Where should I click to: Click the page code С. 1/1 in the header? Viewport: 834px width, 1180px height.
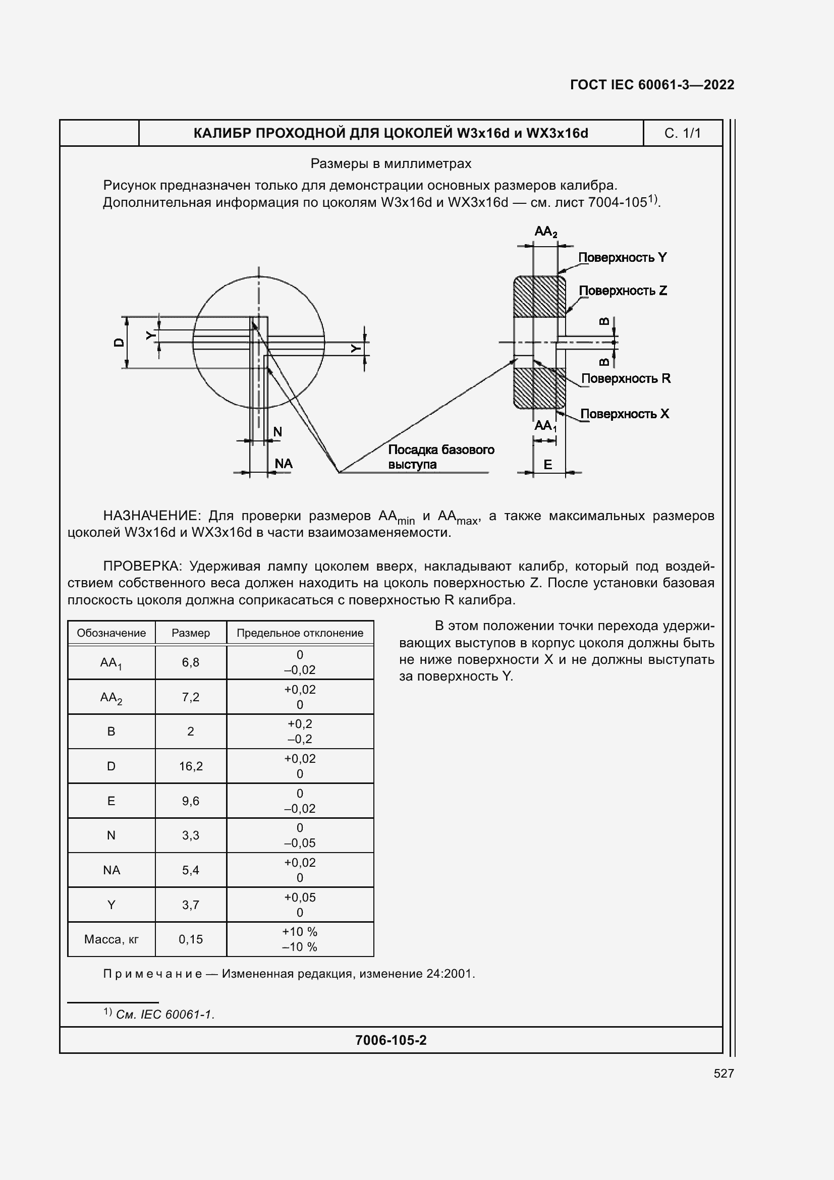[682, 134]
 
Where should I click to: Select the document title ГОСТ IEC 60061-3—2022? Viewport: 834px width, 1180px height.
[651, 85]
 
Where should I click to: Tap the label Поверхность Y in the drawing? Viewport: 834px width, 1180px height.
[622, 257]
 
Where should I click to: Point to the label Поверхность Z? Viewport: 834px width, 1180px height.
[623, 291]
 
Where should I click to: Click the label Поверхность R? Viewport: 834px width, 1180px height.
[625, 379]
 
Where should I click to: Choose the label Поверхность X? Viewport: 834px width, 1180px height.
[624, 414]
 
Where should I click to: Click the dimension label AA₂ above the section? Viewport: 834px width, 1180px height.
[545, 232]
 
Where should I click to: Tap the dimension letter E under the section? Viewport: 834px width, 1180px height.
[548, 465]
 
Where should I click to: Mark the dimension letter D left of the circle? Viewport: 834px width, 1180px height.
[119, 342]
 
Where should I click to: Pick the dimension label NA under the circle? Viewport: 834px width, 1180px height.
[283, 464]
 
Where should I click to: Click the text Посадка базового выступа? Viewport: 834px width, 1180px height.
[440, 457]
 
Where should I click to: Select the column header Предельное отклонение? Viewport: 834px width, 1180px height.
[300, 633]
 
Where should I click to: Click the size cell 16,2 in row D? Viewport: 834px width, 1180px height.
[191, 766]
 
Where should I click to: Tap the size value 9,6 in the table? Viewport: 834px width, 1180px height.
[191, 801]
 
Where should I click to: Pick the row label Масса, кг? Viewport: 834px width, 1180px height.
[111, 939]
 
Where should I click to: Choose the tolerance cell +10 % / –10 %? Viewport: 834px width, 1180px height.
[300, 939]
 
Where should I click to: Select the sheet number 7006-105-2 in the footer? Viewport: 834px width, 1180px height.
[391, 1040]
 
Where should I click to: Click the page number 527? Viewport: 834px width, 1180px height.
[724, 1073]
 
